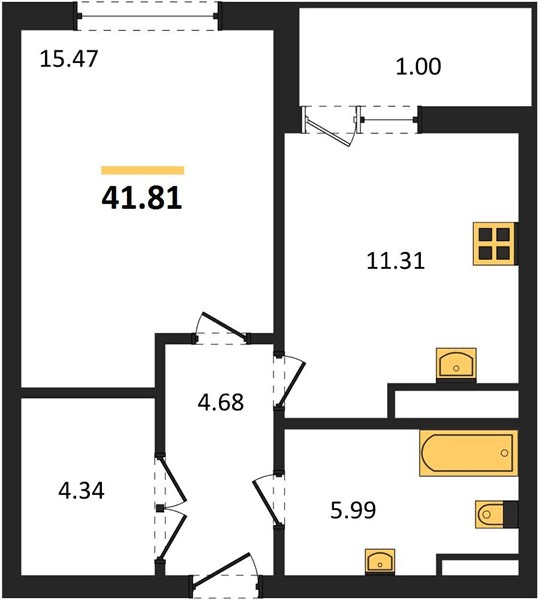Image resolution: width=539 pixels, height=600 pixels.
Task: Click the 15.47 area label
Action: click(x=69, y=59)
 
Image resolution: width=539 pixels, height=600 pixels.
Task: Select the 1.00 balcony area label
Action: click(x=418, y=66)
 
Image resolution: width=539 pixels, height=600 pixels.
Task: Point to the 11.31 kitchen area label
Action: click(x=395, y=261)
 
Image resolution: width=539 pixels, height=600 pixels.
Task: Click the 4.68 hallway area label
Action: click(x=221, y=402)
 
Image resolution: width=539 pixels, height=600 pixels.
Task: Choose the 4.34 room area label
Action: click(x=81, y=490)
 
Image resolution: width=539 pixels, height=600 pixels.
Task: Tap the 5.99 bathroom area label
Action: click(x=353, y=510)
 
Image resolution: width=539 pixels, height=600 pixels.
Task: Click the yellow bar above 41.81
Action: click(x=143, y=170)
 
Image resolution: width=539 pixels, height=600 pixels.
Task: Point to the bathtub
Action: click(x=468, y=453)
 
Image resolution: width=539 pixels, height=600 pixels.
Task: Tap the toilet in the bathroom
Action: click(x=496, y=514)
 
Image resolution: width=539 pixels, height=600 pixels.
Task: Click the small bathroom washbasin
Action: click(x=380, y=561)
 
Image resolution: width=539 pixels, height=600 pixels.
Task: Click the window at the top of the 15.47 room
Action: click(x=147, y=16)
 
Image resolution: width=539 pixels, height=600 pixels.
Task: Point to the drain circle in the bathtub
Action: click(x=504, y=453)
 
